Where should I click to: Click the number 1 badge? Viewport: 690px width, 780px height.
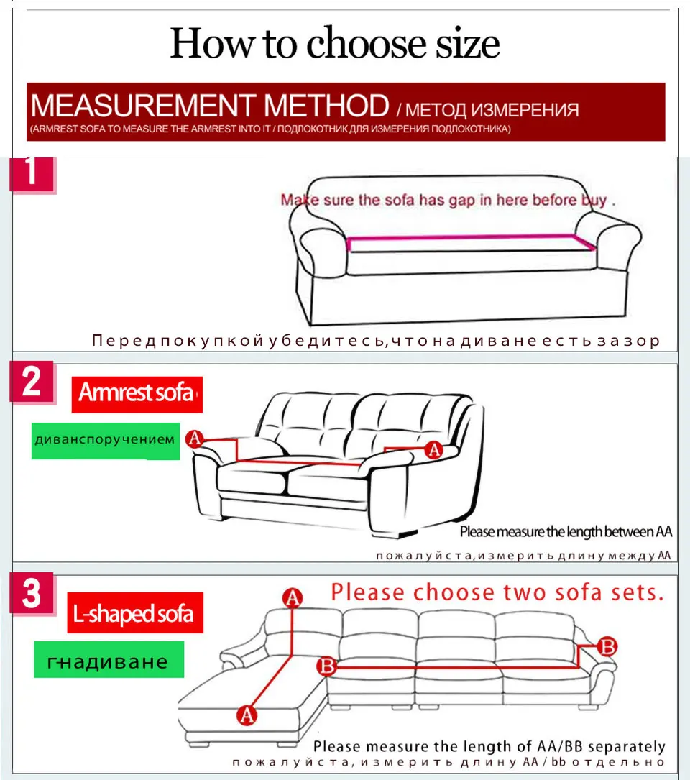[32, 175]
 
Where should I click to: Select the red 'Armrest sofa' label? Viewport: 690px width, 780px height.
[137, 394]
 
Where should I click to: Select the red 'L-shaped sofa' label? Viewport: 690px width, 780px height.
[135, 613]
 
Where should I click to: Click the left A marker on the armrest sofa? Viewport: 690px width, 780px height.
[195, 439]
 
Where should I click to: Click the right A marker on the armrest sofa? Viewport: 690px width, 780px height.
[433, 450]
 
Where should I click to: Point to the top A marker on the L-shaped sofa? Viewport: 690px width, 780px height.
[292, 597]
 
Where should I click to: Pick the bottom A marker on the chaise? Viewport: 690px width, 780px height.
[247, 715]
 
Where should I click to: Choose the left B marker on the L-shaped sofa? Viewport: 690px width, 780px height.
[327, 666]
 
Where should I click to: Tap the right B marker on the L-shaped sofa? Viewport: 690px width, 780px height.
[607, 646]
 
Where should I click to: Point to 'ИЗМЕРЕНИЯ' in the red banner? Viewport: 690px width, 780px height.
[532, 110]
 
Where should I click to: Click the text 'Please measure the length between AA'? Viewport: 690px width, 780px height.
[566, 532]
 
